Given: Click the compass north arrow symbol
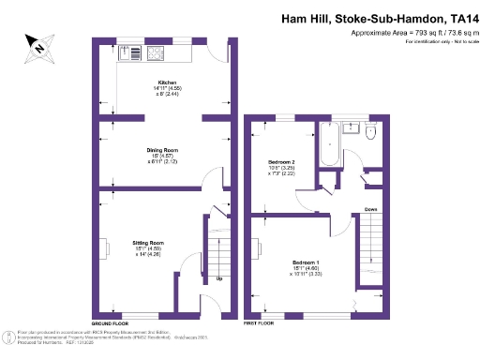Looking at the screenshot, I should (x=40, y=44).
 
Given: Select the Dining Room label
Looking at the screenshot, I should (x=163, y=150).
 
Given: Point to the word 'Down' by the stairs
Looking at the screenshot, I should (x=371, y=209).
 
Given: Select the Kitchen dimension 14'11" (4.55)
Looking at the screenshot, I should (x=169, y=88).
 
